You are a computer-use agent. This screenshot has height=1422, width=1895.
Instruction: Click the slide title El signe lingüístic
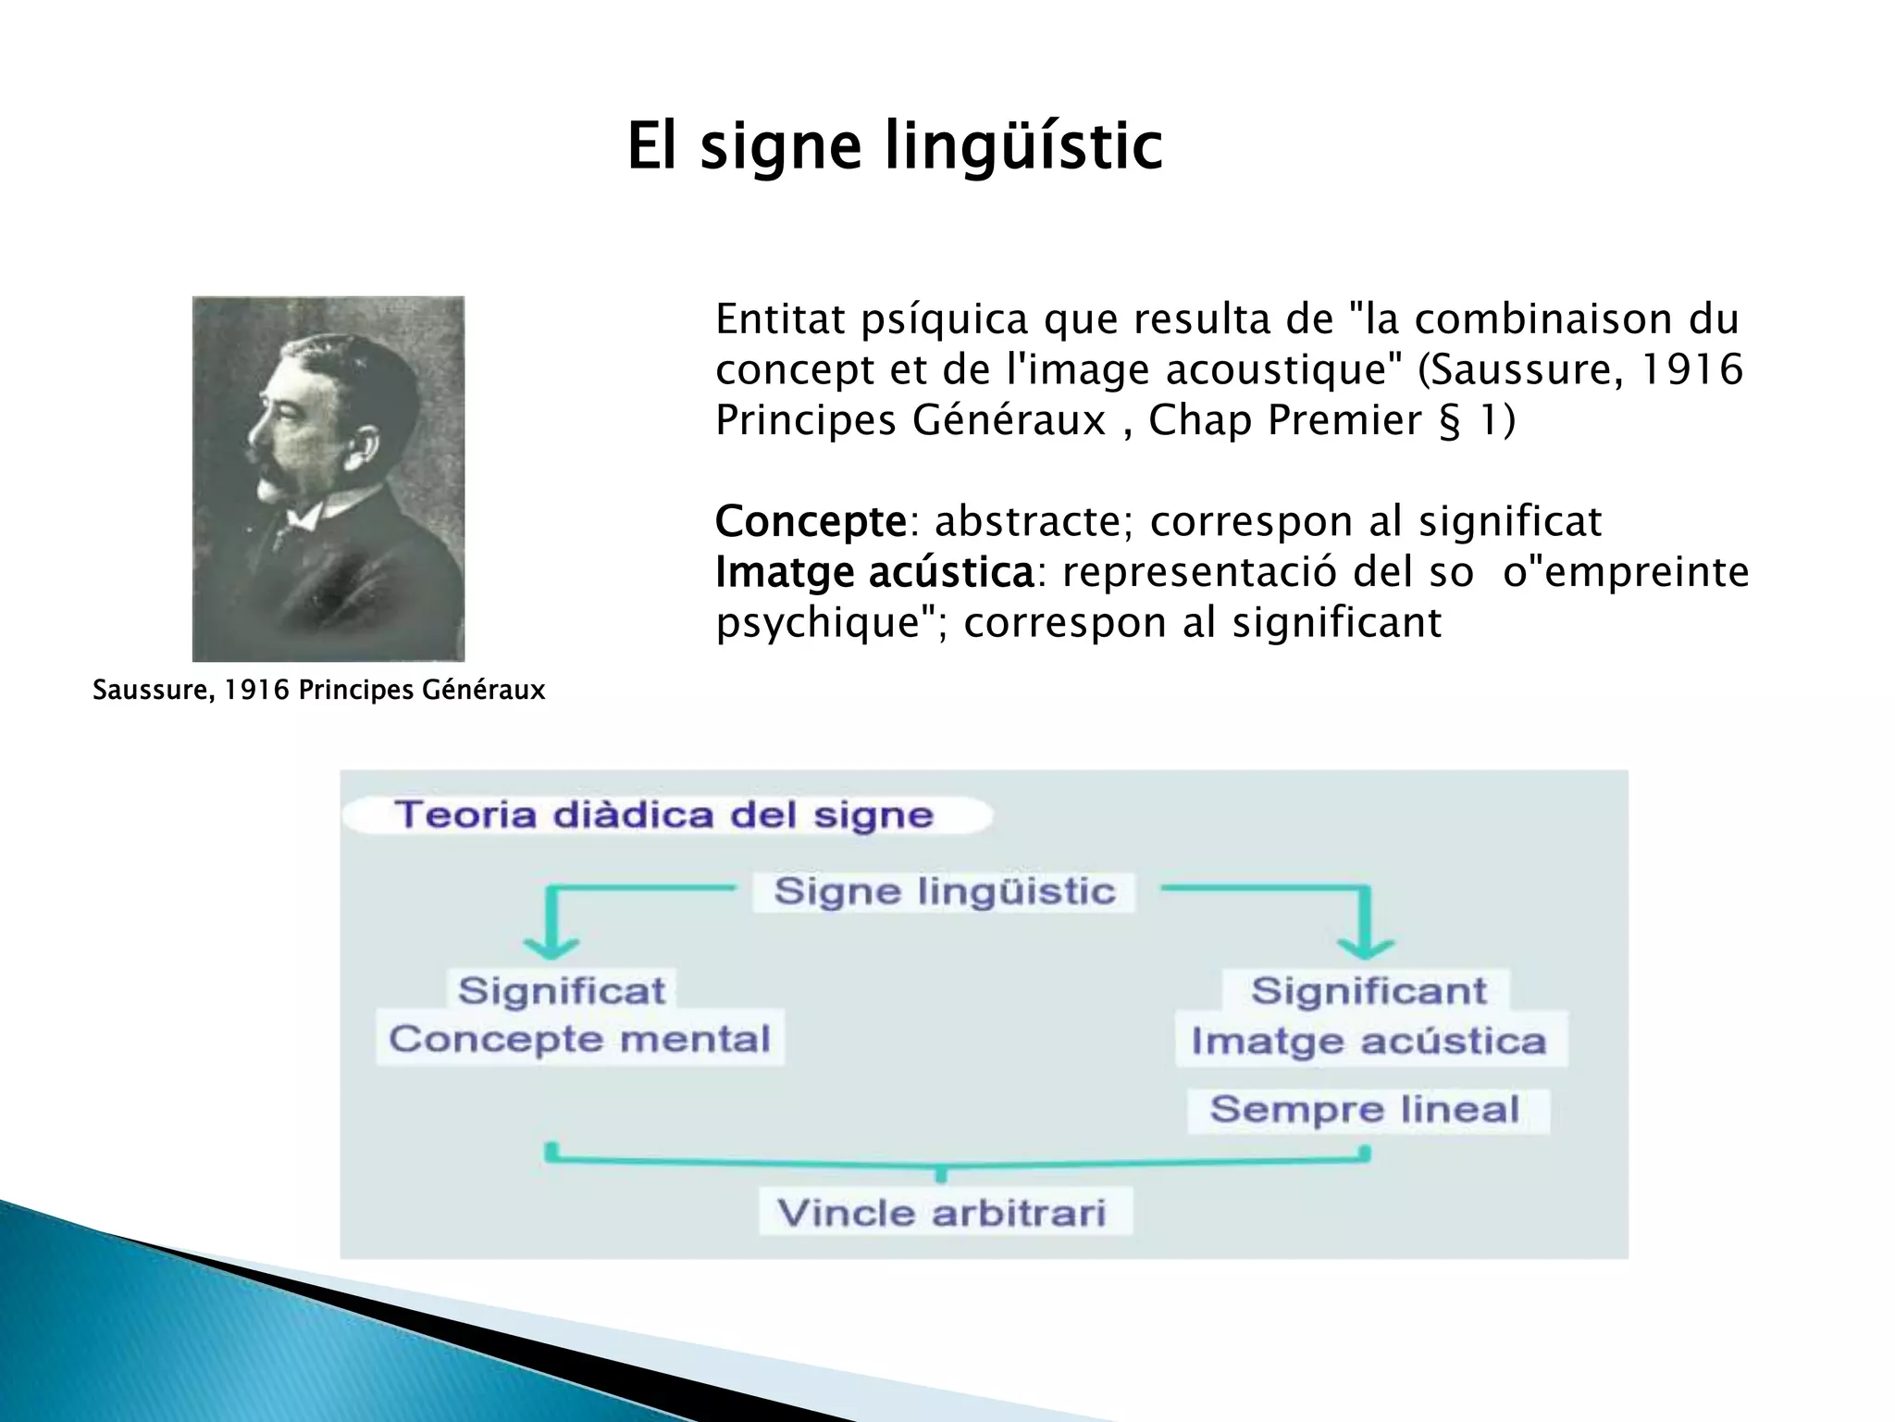point(894,146)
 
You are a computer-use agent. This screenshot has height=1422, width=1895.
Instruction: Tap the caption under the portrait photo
point(318,691)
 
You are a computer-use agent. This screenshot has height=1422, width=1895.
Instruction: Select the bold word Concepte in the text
point(811,521)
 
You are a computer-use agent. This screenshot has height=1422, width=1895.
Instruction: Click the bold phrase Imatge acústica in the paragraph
point(873,572)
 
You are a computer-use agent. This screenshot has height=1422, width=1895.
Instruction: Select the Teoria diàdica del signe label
point(664,816)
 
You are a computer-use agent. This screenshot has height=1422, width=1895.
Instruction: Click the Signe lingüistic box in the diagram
point(944,892)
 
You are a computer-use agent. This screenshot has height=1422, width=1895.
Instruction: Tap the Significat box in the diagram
point(562,991)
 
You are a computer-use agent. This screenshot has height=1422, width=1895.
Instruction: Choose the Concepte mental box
point(579,1039)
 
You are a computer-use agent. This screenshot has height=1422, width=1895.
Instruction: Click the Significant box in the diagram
point(1368,991)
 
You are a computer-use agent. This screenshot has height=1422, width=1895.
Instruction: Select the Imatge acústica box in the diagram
point(1369,1042)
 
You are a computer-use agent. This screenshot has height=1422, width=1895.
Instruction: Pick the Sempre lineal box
point(1366,1109)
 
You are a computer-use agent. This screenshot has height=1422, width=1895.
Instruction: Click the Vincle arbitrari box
point(942,1213)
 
